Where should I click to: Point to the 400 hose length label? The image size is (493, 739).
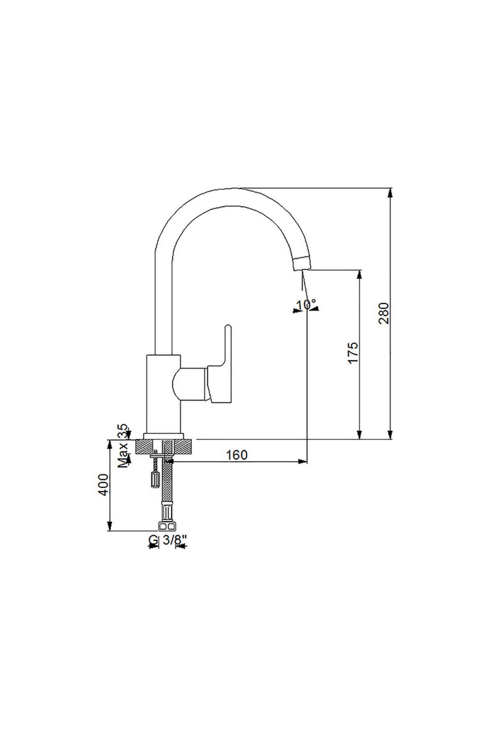(x=104, y=484)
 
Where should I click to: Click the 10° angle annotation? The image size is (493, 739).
(x=306, y=305)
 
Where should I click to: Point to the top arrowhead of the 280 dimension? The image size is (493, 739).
(x=390, y=193)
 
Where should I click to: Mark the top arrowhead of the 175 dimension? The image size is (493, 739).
(x=359, y=275)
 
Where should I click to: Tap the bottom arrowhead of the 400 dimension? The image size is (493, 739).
(x=109, y=526)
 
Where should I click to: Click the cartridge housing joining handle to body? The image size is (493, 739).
(x=190, y=383)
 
